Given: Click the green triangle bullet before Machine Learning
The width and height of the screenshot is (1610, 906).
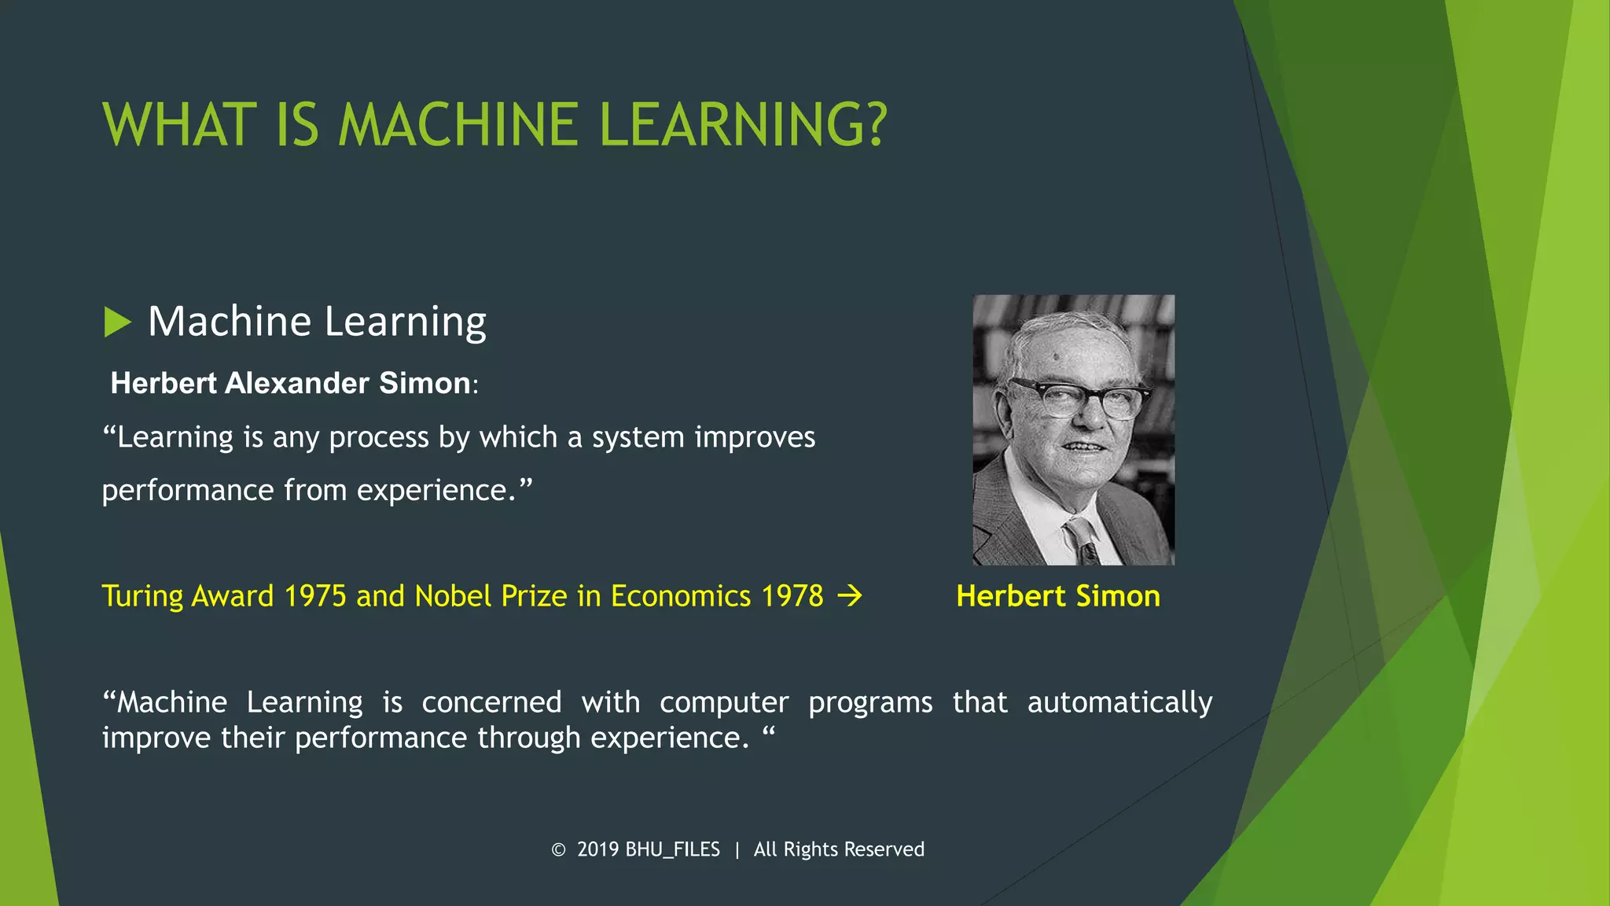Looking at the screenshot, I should (116, 322).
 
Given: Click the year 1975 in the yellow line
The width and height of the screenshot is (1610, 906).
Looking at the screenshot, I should (314, 596).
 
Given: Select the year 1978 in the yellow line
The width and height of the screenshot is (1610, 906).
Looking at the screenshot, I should (792, 596).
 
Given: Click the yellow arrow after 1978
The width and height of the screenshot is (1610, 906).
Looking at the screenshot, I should (850, 596).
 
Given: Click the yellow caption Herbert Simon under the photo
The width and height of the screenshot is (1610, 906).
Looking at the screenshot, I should (1057, 596).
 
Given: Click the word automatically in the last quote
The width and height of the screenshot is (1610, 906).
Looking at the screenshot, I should (1119, 702).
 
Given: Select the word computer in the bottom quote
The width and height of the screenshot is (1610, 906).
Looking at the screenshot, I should (723, 702).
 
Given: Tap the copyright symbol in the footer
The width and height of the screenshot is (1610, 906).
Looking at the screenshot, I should (558, 850).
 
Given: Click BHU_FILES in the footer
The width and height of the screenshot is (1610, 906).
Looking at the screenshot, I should (672, 850).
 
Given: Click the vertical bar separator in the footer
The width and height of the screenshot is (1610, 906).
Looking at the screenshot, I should (737, 850).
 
